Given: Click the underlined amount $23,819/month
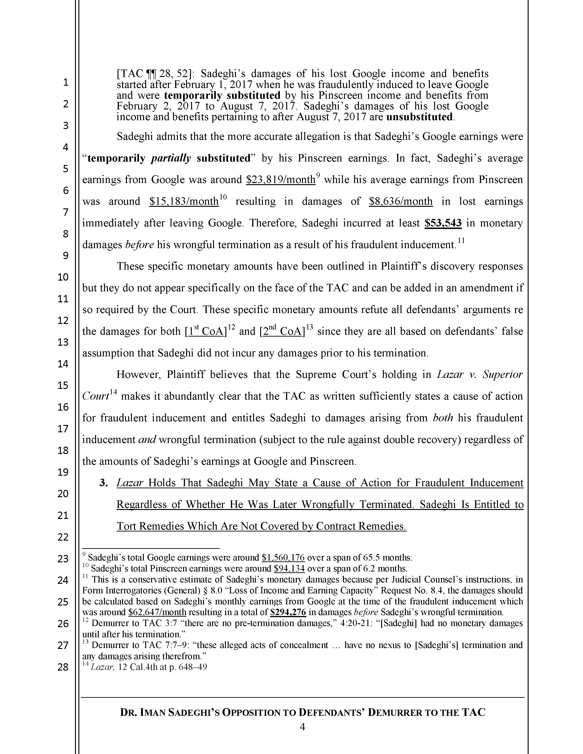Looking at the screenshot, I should [x=281, y=180].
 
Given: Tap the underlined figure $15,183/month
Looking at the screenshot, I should [x=184, y=202].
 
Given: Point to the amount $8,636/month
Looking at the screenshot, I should [x=401, y=202].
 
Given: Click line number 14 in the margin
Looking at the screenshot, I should [x=63, y=364].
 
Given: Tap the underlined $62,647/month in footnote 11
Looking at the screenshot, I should [x=157, y=612].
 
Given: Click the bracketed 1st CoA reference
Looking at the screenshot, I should [x=206, y=332].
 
